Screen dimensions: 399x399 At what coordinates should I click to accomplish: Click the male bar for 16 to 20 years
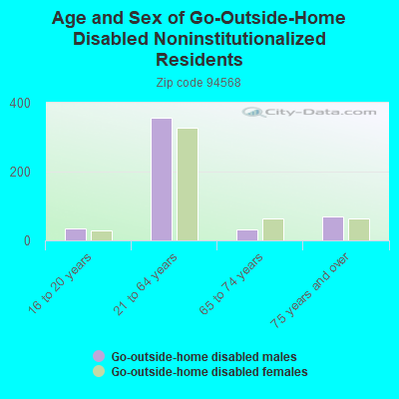(x=76, y=234)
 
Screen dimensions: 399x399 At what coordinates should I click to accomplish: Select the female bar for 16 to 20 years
(x=102, y=235)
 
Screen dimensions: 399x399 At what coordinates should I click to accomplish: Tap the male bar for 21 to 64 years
(x=162, y=180)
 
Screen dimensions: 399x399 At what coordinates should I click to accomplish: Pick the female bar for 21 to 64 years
(x=188, y=185)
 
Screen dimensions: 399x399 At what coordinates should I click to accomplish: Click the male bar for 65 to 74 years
(x=247, y=235)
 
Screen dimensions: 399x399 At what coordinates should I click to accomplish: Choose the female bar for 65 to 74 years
(x=273, y=229)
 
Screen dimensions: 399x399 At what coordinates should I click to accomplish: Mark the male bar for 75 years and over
(x=333, y=228)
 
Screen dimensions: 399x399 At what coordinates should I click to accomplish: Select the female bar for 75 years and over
(x=359, y=229)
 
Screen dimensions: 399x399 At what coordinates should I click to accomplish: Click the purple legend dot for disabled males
(x=99, y=356)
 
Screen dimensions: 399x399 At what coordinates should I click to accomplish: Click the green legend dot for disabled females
(x=99, y=371)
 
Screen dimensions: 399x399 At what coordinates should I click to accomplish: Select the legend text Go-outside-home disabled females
(x=209, y=371)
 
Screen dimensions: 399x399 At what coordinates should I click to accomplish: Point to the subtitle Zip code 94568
(x=199, y=83)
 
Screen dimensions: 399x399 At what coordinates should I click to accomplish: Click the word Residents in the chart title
(x=199, y=60)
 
